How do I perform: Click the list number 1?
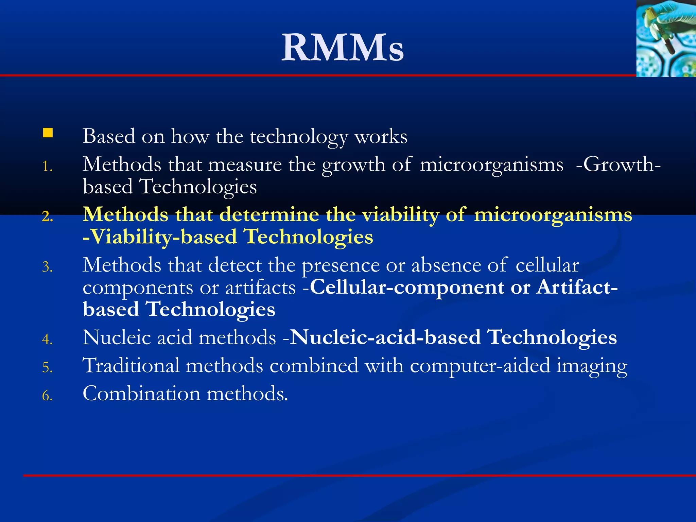click(47, 167)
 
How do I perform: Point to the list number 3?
click(47, 267)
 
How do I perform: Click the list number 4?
click(47, 340)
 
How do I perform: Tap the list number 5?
click(47, 368)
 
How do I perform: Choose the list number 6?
click(47, 396)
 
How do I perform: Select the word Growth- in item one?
click(619, 165)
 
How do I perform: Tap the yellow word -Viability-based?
click(160, 237)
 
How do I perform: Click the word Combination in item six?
click(141, 394)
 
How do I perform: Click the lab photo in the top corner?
click(666, 38)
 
